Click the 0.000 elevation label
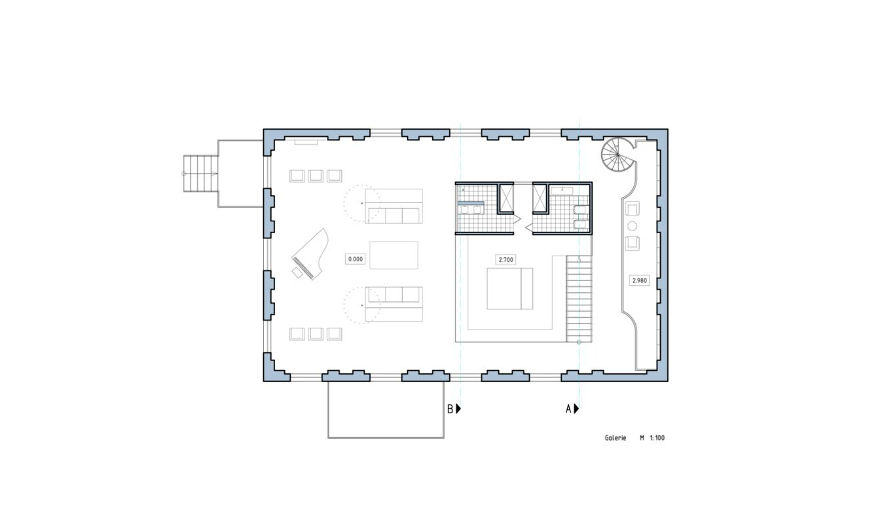(355, 259)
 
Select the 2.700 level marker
(506, 260)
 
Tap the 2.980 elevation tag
(639, 281)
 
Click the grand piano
(310, 253)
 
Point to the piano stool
(297, 273)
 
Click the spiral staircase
(618, 155)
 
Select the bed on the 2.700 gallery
(509, 289)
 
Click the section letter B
(451, 409)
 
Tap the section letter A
(568, 409)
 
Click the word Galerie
(616, 438)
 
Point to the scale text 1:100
(657, 438)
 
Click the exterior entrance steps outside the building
(201, 174)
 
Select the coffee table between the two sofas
(394, 255)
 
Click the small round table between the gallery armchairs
(632, 226)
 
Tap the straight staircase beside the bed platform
(579, 299)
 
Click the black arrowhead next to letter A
(577, 409)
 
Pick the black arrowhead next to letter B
(458, 409)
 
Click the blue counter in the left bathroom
(471, 203)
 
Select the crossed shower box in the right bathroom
(540, 198)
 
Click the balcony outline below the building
(386, 438)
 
